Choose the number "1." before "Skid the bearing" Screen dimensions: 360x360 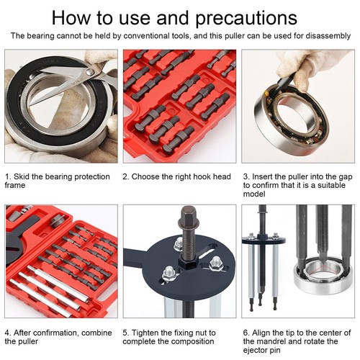8,176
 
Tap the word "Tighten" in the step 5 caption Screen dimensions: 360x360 146,333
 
